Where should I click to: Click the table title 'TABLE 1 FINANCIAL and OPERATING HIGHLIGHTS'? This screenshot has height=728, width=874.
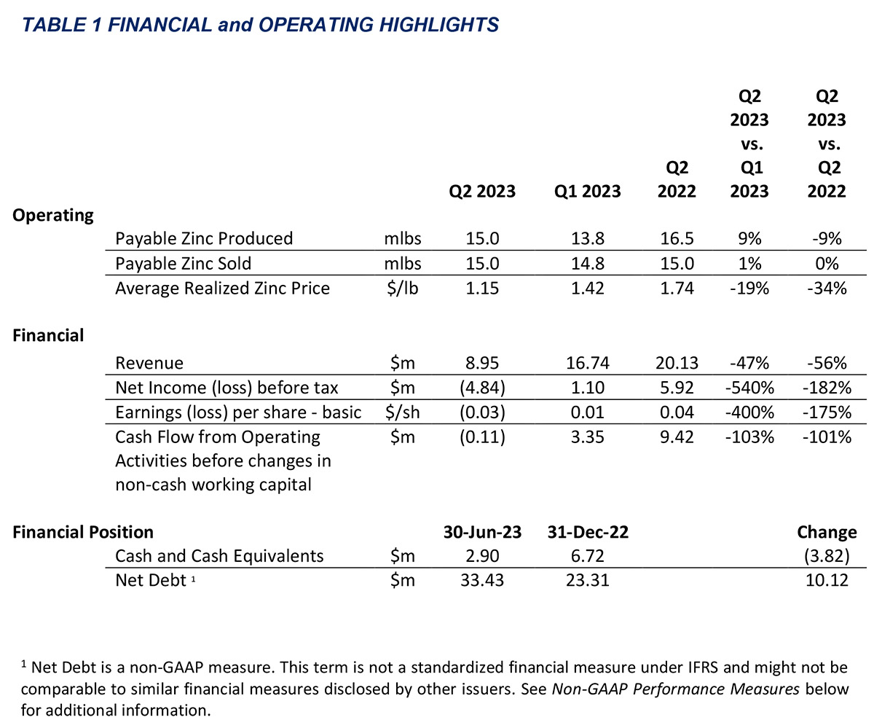coord(260,25)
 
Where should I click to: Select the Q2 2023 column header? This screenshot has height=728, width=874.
coord(482,192)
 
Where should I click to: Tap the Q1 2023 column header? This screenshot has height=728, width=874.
coord(587,192)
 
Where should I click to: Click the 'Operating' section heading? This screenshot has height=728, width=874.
coord(53,216)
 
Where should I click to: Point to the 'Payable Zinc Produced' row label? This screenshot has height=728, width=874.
coord(204,239)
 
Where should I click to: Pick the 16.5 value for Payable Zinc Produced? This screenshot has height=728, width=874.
coord(677,239)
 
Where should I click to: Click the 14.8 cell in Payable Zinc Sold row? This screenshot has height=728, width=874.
coord(588,264)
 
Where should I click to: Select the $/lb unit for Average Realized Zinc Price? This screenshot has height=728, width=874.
coord(402,289)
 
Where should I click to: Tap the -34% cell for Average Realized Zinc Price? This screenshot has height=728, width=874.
coord(827,289)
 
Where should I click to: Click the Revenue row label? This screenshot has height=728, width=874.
coord(149,363)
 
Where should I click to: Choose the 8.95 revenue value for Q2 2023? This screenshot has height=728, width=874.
coord(482,363)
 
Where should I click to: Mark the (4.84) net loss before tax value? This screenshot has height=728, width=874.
coord(482,388)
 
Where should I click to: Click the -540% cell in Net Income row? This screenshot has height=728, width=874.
coord(749,388)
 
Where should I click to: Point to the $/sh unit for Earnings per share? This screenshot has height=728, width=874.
coord(402,412)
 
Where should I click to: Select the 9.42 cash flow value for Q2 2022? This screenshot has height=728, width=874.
coord(677,437)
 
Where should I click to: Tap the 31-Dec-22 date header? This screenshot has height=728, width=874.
coord(588,533)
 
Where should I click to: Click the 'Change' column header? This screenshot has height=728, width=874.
coord(827,533)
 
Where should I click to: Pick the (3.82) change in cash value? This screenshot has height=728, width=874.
coord(827,556)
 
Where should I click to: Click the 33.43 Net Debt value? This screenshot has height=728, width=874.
coord(482,581)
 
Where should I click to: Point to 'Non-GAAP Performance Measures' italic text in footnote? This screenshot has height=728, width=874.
coord(676,689)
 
